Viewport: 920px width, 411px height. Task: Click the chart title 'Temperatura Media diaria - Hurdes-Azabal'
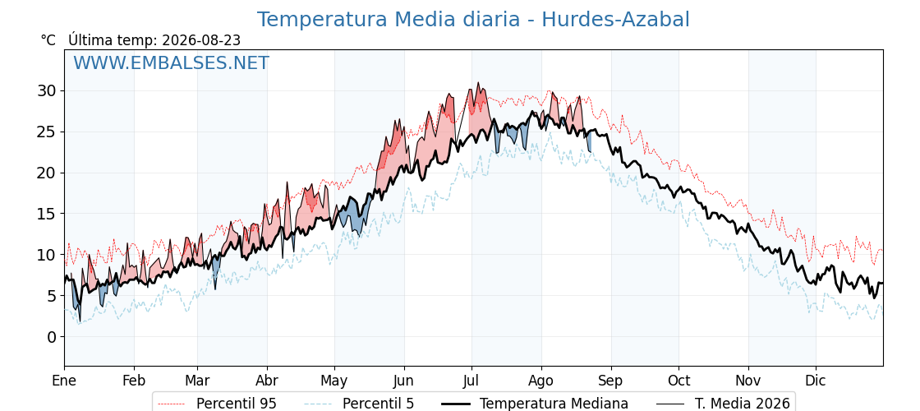pyautogui.click(x=473, y=20)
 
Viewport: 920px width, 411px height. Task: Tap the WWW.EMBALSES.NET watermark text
pyautogui.click(x=172, y=62)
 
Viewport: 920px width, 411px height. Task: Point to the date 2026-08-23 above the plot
pyautogui.click(x=201, y=40)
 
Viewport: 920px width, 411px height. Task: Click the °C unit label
pyautogui.click(x=48, y=40)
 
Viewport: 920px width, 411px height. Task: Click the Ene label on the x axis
pyautogui.click(x=64, y=381)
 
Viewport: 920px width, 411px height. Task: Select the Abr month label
pyautogui.click(x=267, y=381)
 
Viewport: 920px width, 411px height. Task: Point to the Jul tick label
pyautogui.click(x=471, y=381)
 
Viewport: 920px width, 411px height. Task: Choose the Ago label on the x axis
pyautogui.click(x=541, y=381)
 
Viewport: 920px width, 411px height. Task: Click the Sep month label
pyautogui.click(x=611, y=381)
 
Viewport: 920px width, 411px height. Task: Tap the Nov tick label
pyautogui.click(x=748, y=381)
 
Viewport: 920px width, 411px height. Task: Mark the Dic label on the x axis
pyautogui.click(x=816, y=381)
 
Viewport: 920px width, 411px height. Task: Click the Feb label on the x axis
pyautogui.click(x=134, y=381)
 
